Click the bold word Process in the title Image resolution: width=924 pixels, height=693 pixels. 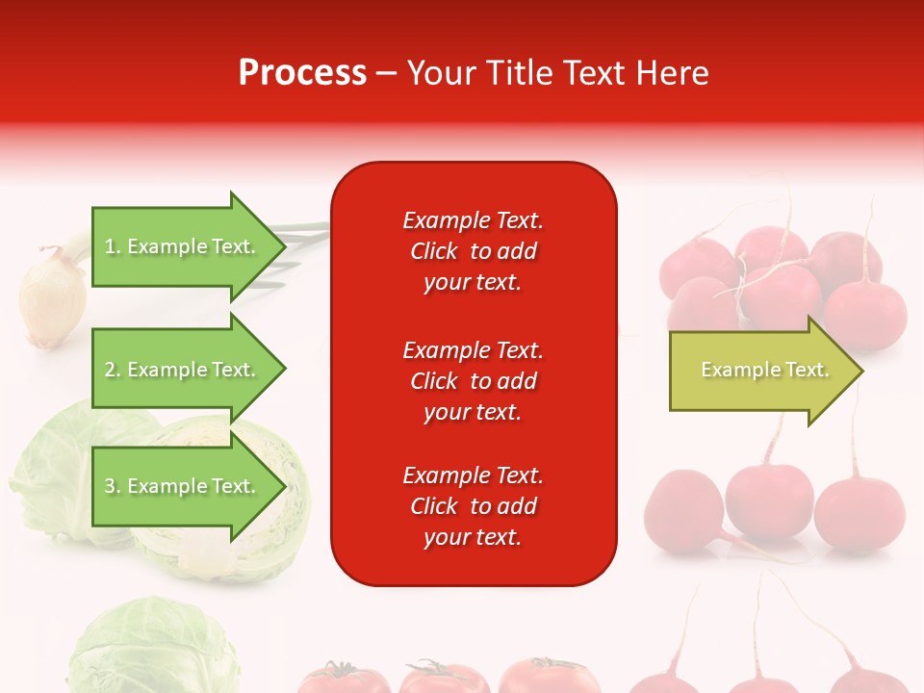[302, 73]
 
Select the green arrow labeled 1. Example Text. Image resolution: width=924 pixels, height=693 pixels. [183, 246]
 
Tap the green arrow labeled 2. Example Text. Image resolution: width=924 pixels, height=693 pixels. [183, 370]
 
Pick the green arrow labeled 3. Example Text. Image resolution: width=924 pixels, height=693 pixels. [183, 486]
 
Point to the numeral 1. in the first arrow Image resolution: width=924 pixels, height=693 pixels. [113, 246]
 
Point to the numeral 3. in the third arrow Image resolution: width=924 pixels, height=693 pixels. [113, 486]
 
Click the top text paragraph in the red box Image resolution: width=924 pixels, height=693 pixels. [473, 251]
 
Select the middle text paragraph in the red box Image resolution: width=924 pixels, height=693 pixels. [473, 381]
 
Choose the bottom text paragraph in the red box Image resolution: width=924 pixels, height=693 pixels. [473, 506]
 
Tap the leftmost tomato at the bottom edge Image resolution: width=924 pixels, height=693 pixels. [342, 679]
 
